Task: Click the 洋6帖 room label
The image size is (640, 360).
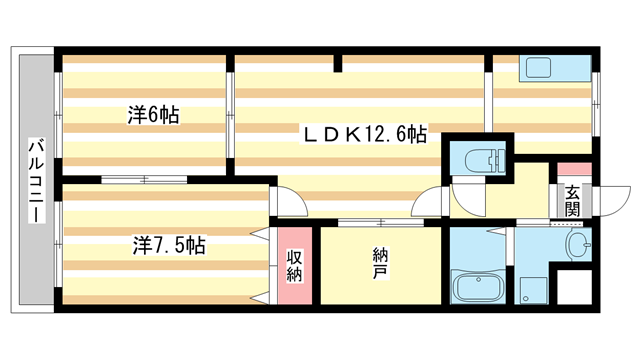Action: point(153,115)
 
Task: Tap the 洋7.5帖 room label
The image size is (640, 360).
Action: point(170,244)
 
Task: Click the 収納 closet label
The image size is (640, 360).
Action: point(296,265)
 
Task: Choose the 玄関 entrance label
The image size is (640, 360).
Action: point(572,201)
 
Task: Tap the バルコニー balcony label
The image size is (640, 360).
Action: point(34,181)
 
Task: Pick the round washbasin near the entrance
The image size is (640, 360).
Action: point(577,245)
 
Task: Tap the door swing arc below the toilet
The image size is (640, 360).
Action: point(465,194)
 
